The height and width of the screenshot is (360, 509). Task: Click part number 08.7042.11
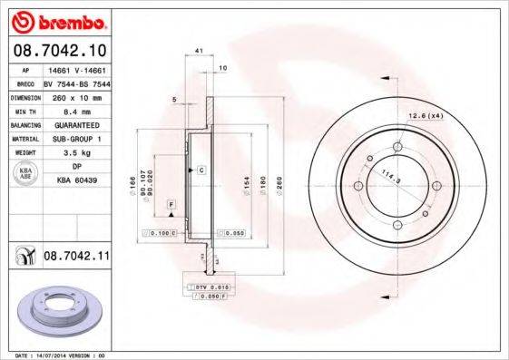pyautogui.click(x=76, y=258)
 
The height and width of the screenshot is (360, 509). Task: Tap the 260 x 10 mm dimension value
pyautogui.click(x=75, y=95)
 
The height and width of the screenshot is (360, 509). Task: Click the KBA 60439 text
pyautogui.click(x=76, y=181)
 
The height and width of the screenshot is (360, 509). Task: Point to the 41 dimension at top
pyautogui.click(x=198, y=52)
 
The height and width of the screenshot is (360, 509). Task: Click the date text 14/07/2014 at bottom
pyautogui.click(x=60, y=355)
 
